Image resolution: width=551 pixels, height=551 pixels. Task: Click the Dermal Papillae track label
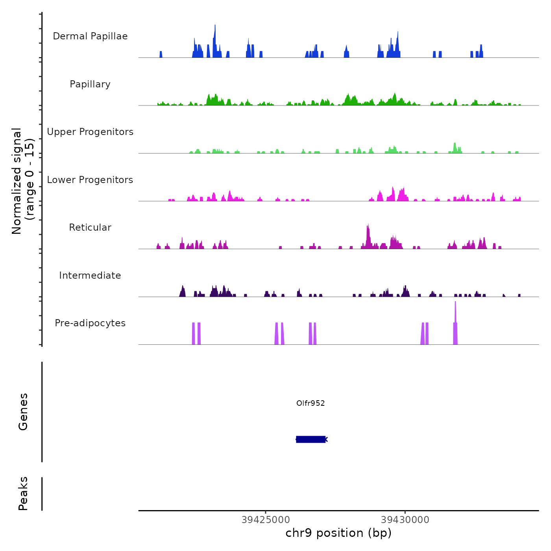click(x=90, y=36)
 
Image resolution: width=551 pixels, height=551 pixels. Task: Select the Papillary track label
click(x=90, y=84)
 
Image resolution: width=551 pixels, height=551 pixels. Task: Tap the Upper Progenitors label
click(x=90, y=132)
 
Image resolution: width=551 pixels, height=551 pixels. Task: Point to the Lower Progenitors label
click(x=90, y=180)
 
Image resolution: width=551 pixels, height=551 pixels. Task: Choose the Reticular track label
click(x=90, y=227)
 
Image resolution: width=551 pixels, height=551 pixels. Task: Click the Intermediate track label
click(x=90, y=275)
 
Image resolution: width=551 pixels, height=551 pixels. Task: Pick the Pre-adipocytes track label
click(x=90, y=323)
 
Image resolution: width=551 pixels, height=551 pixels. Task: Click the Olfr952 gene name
click(x=311, y=403)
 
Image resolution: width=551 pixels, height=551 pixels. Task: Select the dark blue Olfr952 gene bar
click(x=311, y=439)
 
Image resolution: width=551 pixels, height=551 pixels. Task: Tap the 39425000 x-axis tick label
click(x=266, y=520)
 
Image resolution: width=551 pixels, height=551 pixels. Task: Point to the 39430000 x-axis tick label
click(x=405, y=520)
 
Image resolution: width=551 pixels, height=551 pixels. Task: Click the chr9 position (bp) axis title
click(x=338, y=533)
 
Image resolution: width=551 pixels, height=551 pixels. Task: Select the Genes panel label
click(x=23, y=412)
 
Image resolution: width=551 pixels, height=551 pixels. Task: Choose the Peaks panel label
click(x=23, y=494)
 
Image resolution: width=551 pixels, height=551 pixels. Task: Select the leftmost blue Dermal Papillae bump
click(x=161, y=54)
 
